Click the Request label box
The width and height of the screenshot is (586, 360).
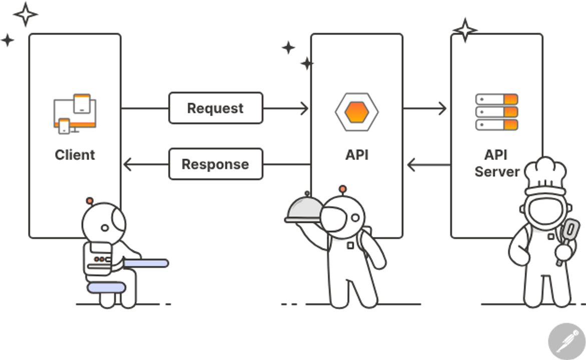(216, 108)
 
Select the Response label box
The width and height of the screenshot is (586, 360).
(216, 164)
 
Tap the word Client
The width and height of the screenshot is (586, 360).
(75, 155)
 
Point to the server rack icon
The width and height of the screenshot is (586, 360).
(496, 112)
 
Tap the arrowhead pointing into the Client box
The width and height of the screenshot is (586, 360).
(127, 164)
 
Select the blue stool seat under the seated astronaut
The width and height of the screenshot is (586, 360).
(106, 287)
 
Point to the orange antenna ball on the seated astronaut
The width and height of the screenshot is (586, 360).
(90, 200)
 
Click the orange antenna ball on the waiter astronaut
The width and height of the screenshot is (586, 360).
(343, 189)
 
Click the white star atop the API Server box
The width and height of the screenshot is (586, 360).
(465, 29)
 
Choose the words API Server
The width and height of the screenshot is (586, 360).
(496, 163)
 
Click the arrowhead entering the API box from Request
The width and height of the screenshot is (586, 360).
(305, 108)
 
